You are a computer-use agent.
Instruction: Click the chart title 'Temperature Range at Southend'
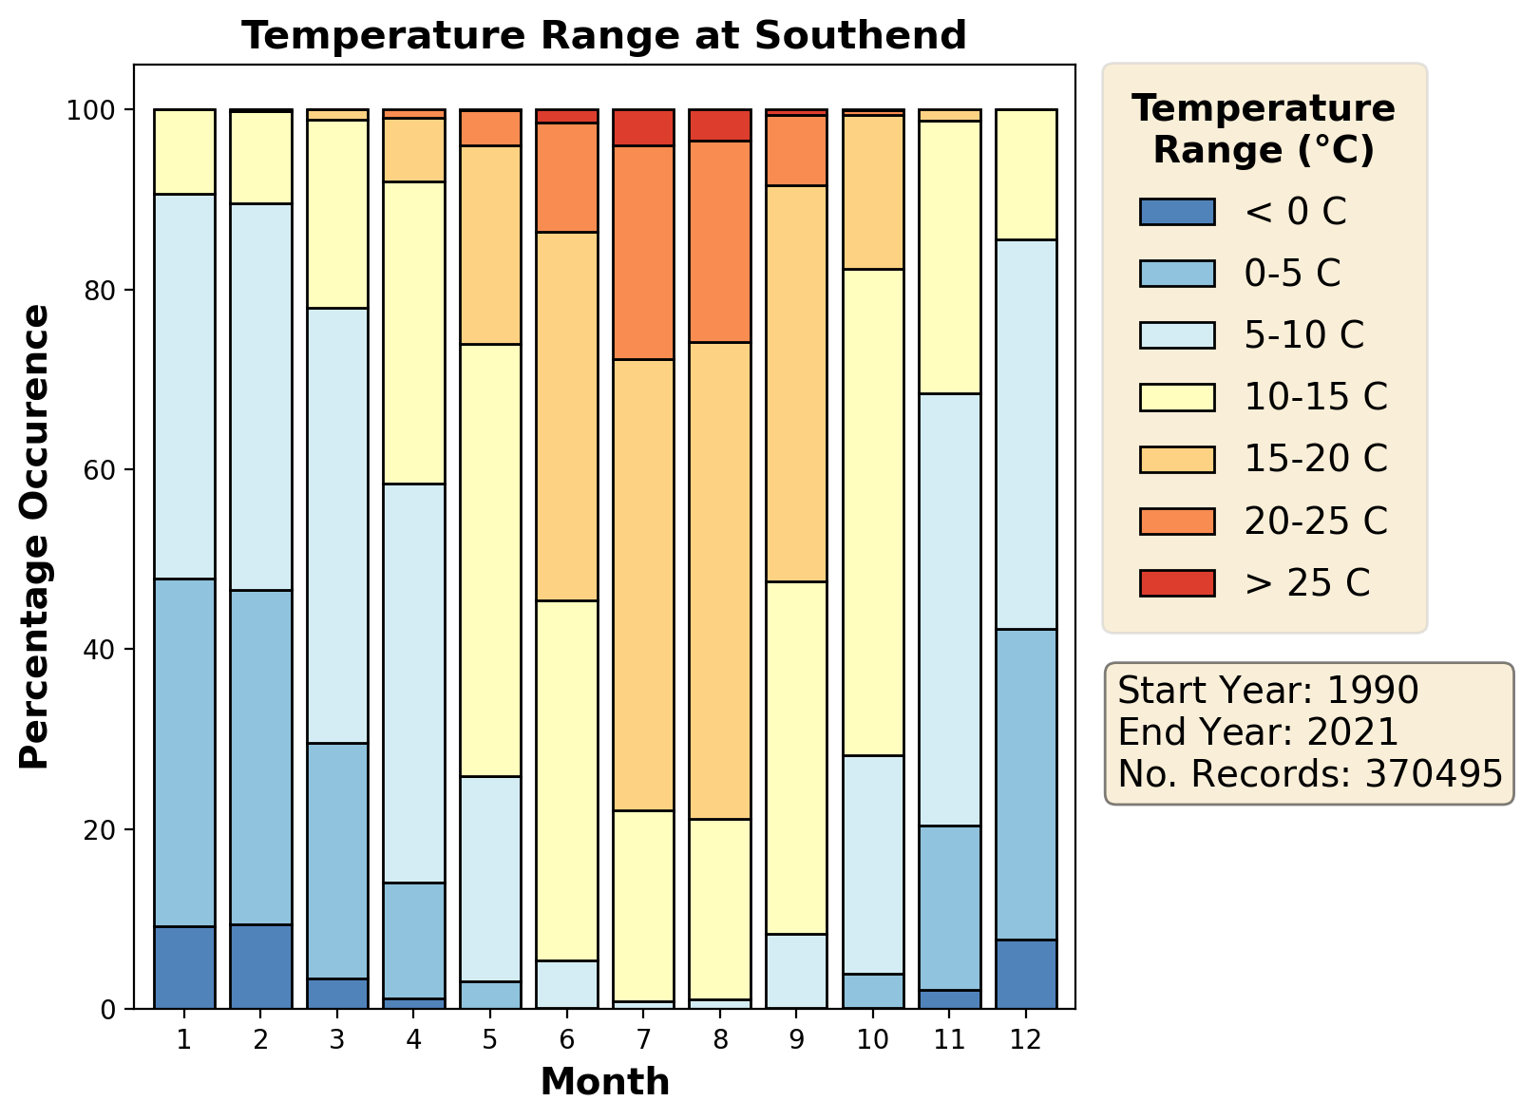[603, 36]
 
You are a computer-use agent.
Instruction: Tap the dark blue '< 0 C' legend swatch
[1176, 212]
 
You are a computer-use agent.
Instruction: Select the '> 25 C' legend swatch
[1176, 582]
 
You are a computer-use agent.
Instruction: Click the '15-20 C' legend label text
[1316, 459]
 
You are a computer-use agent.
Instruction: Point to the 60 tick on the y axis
[110, 470]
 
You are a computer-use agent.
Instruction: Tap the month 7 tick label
[643, 1039]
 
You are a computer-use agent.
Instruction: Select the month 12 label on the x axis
[1026, 1039]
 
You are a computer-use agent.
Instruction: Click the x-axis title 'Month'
[604, 1082]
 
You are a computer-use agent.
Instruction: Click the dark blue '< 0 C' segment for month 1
[184, 967]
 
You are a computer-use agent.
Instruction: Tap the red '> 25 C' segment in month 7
[643, 127]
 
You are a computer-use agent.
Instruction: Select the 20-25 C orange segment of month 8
[720, 241]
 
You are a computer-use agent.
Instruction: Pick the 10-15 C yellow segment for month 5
[490, 560]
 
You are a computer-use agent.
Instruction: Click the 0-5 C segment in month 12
[1026, 784]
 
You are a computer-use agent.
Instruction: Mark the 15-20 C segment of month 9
[796, 384]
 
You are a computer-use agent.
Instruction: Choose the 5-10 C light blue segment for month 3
[337, 525]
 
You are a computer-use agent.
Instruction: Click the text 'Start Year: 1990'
[1268, 691]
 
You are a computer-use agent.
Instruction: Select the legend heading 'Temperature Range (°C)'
[1264, 129]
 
